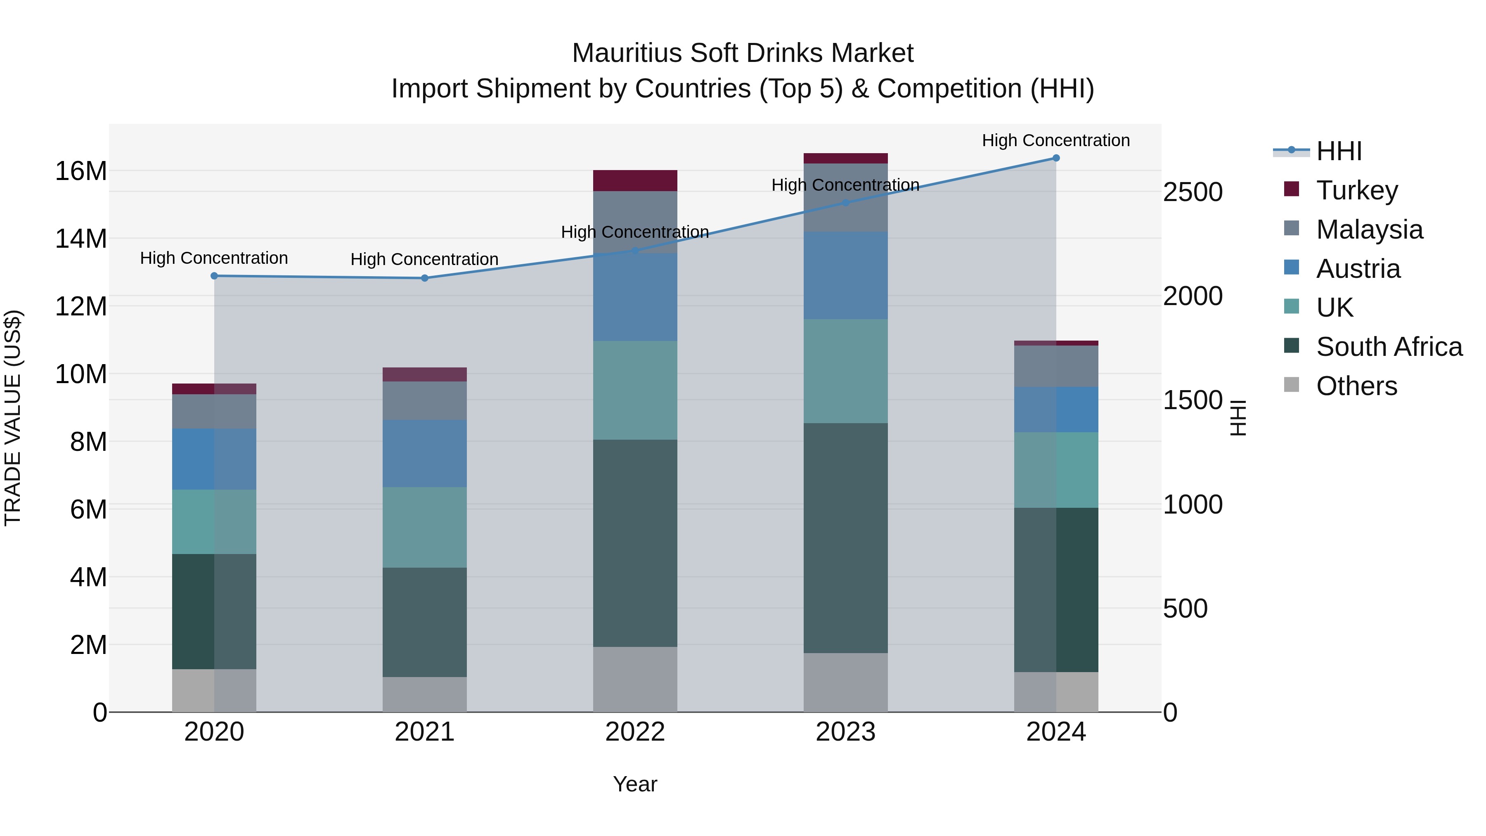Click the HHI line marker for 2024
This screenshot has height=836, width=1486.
coord(1055,158)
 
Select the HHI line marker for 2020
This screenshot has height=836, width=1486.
coord(214,276)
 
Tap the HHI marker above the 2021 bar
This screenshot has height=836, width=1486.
coord(425,278)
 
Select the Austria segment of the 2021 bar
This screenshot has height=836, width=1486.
coord(425,453)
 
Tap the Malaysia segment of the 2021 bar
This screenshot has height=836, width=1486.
coord(425,400)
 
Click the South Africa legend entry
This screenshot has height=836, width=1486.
coord(1389,347)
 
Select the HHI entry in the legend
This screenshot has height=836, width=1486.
coord(1339,151)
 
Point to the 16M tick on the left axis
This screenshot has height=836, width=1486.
coord(81,171)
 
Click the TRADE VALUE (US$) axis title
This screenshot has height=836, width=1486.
coord(13,418)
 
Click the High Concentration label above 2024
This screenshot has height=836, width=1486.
coord(1055,140)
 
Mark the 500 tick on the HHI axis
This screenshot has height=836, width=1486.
coord(1185,609)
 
